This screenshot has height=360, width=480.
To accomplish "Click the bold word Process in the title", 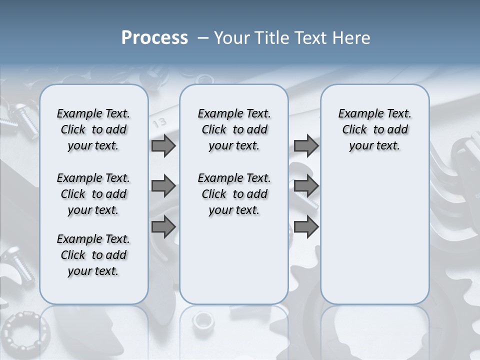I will (x=154, y=38).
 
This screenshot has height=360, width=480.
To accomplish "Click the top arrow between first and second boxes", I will (x=163, y=145).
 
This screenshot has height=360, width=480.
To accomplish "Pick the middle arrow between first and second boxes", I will (x=163, y=186).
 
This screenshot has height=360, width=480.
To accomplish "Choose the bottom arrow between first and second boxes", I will (x=163, y=226).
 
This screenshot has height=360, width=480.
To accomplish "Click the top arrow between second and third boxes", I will (x=306, y=145).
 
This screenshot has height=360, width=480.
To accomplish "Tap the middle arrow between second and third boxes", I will (x=306, y=186).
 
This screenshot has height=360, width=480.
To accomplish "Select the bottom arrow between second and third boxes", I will (x=306, y=226).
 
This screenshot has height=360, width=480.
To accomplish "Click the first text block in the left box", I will (x=93, y=129).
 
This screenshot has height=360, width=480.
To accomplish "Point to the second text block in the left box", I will (x=93, y=194).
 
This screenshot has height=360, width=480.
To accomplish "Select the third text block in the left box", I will (x=93, y=255).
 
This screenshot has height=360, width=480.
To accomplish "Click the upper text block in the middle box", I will (x=234, y=129).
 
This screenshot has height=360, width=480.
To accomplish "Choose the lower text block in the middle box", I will (x=234, y=194).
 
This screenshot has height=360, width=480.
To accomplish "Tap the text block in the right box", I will (x=374, y=129).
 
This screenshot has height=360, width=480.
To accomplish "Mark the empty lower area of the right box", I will (x=374, y=235).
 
